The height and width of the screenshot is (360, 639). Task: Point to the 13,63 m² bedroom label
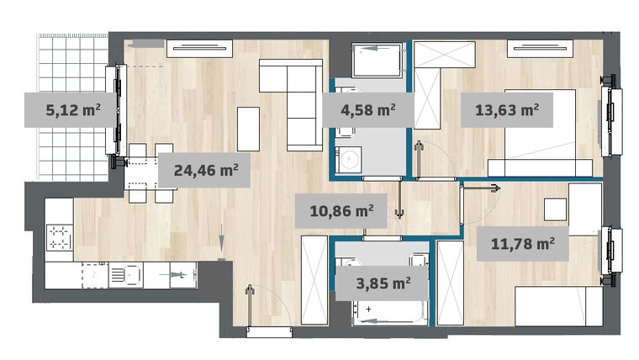pos(506,109)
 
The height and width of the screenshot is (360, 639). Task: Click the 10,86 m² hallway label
pos(341,210)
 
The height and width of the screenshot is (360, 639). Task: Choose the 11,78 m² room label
pos(521,245)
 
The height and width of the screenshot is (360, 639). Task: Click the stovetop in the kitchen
pos(60,238)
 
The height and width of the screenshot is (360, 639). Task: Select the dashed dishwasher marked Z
pos(97,273)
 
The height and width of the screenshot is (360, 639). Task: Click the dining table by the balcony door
pos(150,174)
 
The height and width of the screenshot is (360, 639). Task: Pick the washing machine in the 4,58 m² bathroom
pos(346,158)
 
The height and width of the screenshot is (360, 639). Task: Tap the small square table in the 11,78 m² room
pos(554,207)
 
